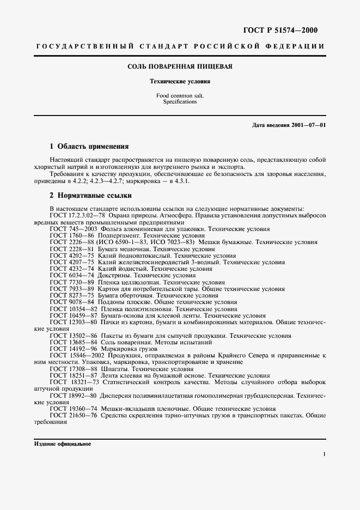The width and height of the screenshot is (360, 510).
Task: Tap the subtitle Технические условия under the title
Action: click(x=180, y=81)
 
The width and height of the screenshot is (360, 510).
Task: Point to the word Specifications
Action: click(x=180, y=102)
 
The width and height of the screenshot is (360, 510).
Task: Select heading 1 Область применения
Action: click(x=89, y=147)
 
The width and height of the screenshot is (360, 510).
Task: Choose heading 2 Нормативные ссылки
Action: click(x=90, y=195)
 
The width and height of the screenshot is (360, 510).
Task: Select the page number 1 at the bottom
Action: click(x=324, y=454)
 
